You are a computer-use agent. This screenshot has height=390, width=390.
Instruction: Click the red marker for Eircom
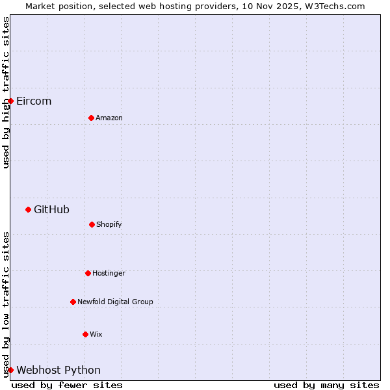pyautogui.click(x=10, y=101)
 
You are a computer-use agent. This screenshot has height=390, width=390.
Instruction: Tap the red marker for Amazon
pyautogui.click(x=91, y=118)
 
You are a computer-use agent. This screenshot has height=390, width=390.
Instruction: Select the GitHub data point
pyautogui.click(x=28, y=209)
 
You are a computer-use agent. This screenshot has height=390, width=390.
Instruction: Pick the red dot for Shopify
pyautogui.click(x=92, y=224)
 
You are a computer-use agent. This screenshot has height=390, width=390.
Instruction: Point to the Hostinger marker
pyautogui.click(x=88, y=273)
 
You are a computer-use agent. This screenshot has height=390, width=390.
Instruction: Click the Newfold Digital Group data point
pyautogui.click(x=73, y=302)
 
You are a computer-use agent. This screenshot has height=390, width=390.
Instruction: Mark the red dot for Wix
pyautogui.click(x=85, y=334)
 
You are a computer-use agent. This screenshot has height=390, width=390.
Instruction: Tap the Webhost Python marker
pyautogui.click(x=10, y=370)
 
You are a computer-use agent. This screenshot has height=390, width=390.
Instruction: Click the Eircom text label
pyautogui.click(x=34, y=101)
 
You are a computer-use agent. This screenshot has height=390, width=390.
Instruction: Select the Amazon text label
pyautogui.click(x=109, y=118)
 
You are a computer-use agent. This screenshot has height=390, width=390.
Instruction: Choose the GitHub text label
pyautogui.click(x=51, y=209)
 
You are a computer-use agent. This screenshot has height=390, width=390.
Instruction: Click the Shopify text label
pyautogui.click(x=109, y=224)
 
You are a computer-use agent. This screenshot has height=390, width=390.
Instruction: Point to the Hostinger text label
pyautogui.click(x=109, y=273)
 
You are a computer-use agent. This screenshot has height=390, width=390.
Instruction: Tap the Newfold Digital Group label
pyautogui.click(x=115, y=302)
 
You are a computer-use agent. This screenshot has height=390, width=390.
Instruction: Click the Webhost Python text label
pyautogui.click(x=58, y=370)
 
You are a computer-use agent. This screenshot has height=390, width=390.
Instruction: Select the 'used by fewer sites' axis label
pyautogui.click(x=67, y=385)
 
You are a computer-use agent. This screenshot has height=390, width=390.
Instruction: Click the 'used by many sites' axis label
pyautogui.click(x=326, y=385)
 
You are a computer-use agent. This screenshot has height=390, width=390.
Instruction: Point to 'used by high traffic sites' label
pyautogui.click(x=6, y=92)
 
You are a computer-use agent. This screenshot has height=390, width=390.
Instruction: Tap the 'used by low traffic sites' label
pyautogui.click(x=6, y=304)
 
